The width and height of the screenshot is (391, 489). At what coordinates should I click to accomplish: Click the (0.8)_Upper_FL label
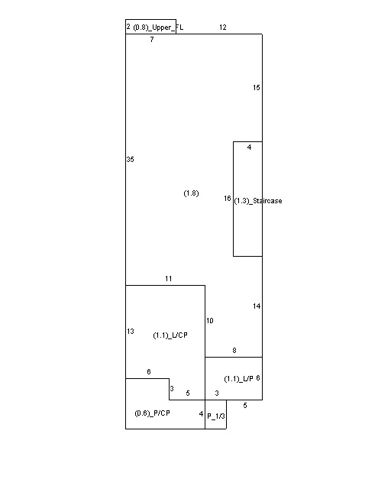coord(158,28)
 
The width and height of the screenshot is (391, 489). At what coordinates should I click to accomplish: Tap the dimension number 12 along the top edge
coord(223,28)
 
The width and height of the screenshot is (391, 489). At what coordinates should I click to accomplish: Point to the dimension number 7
coord(152,40)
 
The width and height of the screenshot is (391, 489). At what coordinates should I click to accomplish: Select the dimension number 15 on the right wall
coord(257,88)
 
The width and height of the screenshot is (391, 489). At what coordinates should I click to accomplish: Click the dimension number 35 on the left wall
coord(130,160)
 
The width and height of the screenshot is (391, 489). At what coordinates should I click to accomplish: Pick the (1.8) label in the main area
coord(191,193)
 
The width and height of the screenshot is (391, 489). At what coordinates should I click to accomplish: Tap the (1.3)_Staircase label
coord(258,201)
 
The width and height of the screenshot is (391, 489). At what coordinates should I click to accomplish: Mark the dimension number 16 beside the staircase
coord(228,199)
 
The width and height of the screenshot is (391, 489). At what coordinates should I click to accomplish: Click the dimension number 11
coord(168,278)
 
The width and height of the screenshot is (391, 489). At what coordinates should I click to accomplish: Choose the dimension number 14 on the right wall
coord(257,306)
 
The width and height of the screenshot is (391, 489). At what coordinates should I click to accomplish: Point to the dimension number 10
coord(209,321)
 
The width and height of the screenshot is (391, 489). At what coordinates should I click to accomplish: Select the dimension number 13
coord(131,331)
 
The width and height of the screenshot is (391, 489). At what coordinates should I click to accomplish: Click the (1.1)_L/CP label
coord(170,335)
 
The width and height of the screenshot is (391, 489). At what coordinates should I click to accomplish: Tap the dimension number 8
coord(234,351)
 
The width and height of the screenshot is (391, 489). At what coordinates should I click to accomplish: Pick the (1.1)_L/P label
coord(238,379)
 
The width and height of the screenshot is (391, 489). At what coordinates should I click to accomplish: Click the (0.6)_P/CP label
coord(152,413)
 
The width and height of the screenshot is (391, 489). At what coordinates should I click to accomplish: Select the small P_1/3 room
coord(216,414)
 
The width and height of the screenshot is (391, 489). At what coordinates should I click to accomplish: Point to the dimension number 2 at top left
coord(128,27)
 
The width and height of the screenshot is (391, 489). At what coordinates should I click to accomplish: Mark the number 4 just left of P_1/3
coord(201,414)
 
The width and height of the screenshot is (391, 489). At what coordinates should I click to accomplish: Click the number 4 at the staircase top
coord(249,147)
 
